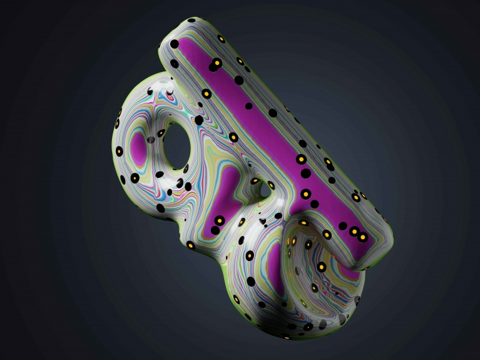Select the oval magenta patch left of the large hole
click(x=138, y=146)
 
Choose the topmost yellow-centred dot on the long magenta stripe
click(x=215, y=64)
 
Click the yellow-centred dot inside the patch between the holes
click(x=219, y=220)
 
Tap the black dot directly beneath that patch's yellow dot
click(x=215, y=230)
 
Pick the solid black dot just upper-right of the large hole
click(x=199, y=120)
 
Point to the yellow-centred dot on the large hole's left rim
click(x=161, y=133)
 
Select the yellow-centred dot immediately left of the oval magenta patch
click(x=117, y=123)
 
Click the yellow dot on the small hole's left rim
click(x=255, y=182)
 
